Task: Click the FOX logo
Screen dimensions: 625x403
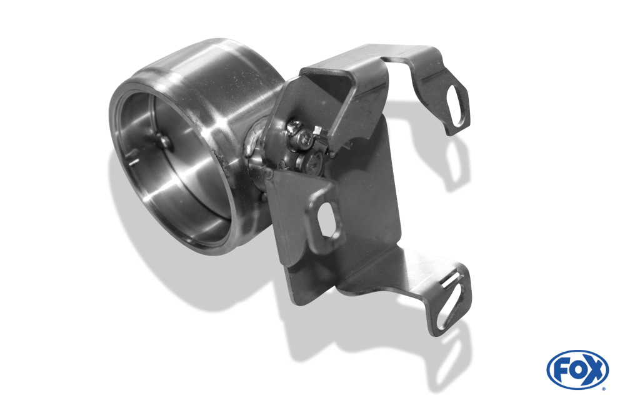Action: [577, 369]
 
